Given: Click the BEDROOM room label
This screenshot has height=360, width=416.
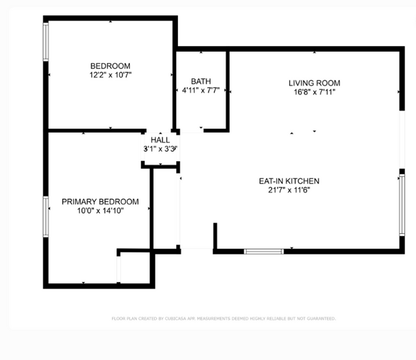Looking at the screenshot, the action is pos(110,66).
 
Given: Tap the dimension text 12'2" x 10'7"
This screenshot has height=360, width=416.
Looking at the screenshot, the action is pos(110,75).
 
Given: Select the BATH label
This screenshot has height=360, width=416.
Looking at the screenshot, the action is pos(201,81).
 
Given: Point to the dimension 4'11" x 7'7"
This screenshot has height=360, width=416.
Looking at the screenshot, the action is pos(201,90).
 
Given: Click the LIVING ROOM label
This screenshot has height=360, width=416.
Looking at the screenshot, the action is pos(314,83).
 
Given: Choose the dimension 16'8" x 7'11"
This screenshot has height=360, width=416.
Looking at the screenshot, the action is pos(314,92).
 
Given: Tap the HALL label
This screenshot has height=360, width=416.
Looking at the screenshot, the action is pos(160,140).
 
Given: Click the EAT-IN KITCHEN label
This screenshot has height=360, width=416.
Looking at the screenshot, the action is pos(289,181).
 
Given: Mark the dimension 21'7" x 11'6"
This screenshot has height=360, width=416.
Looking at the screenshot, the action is pos(289,190).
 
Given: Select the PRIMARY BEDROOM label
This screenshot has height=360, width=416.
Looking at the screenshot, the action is pos(100,201).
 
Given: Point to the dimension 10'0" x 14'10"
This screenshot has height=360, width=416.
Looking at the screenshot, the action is pos(100,211).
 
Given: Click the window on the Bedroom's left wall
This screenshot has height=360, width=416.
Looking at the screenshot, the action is pos(45,42).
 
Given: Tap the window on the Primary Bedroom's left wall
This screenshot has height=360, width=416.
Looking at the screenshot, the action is pos(45,217).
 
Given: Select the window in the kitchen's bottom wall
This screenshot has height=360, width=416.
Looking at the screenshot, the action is pos(264,251).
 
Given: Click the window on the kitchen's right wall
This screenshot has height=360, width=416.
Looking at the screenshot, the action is pos(402,205).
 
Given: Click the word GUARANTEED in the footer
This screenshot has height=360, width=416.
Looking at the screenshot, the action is pos(321,318).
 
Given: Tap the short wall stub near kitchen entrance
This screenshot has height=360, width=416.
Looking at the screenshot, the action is pos(215,236).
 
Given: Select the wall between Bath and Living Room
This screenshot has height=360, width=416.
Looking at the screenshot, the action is pos(228,90).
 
